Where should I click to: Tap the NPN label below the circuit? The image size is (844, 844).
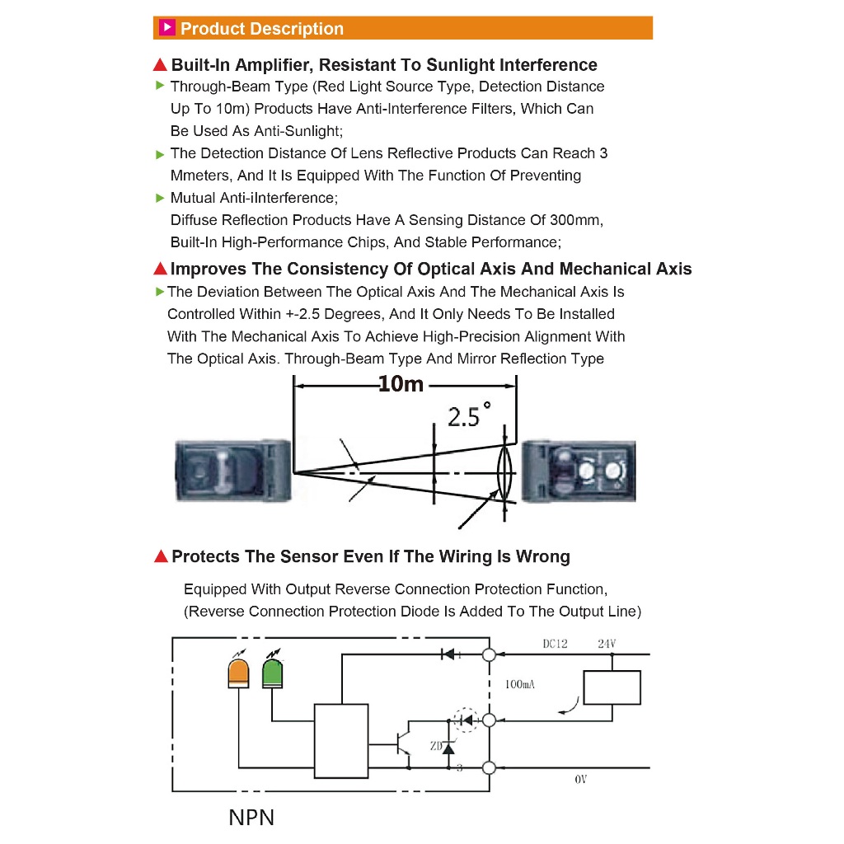(251, 818)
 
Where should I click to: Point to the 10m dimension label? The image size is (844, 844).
(401, 384)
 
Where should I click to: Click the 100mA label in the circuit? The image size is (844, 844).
(520, 683)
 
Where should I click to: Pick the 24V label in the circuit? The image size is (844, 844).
(607, 644)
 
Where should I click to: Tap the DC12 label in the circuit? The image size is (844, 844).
(555, 644)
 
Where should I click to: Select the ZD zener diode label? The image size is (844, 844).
(435, 745)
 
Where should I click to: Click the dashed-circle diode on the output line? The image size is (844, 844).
(467, 720)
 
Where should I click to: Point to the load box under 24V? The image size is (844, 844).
(612, 687)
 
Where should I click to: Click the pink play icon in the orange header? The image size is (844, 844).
(166, 28)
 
